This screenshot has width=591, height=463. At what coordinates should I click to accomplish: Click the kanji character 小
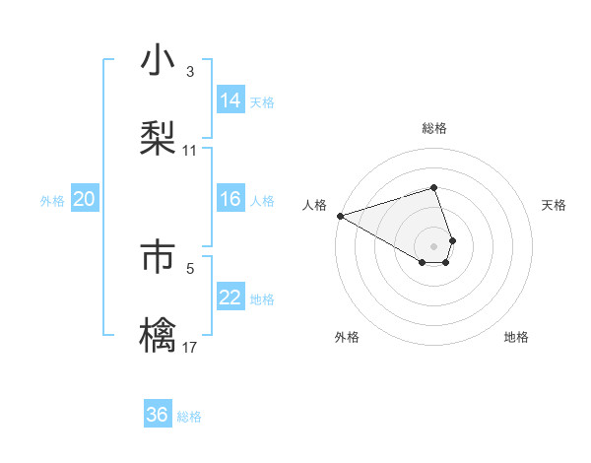tap(159, 62)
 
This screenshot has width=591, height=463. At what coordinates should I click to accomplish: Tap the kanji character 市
tap(159, 256)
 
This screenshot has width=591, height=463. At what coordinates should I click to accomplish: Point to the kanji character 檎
tap(159, 334)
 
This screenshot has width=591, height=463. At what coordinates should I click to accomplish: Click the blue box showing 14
tap(230, 100)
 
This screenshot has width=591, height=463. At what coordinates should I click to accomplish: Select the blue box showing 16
tap(230, 200)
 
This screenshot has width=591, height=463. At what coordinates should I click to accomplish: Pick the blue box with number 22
tap(230, 298)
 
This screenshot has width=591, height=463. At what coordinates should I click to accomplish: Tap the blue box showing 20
tap(84, 200)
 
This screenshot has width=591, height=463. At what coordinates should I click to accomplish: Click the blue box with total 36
tap(158, 415)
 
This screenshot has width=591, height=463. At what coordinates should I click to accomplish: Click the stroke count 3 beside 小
tap(189, 72)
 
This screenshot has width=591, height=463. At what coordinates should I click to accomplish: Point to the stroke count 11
tap(190, 151)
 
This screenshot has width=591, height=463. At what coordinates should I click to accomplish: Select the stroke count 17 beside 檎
tap(190, 347)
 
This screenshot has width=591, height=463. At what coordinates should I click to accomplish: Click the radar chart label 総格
tap(434, 128)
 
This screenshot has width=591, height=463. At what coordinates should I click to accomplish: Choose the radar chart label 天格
tap(554, 205)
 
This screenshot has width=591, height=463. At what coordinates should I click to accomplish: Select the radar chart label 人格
tap(314, 205)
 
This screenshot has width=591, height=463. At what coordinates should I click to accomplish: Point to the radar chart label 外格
tap(347, 338)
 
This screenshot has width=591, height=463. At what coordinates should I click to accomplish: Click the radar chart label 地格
tap(516, 338)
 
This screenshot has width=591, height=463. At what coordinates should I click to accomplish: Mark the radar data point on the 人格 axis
tap(340, 216)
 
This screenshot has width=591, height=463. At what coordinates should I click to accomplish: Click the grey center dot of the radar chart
tap(433, 245)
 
